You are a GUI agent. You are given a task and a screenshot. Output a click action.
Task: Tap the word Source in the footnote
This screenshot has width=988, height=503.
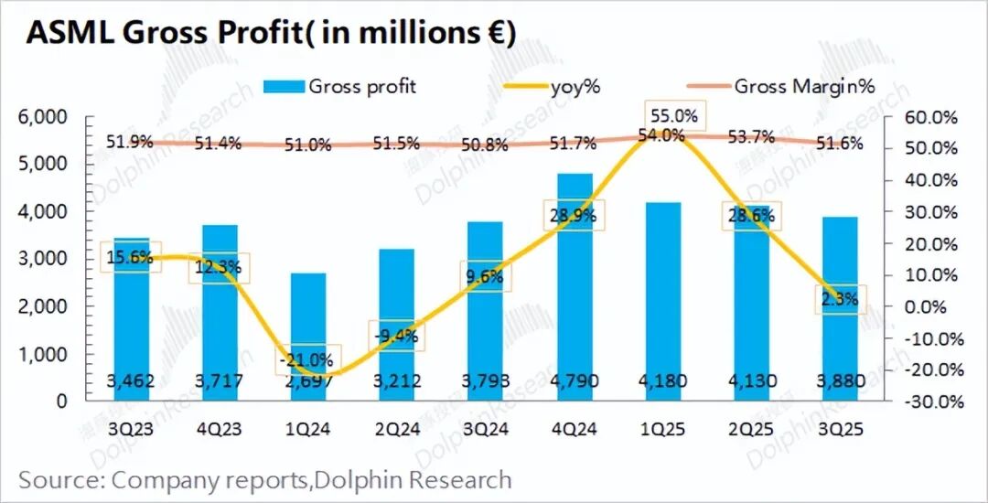[x=56, y=478]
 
